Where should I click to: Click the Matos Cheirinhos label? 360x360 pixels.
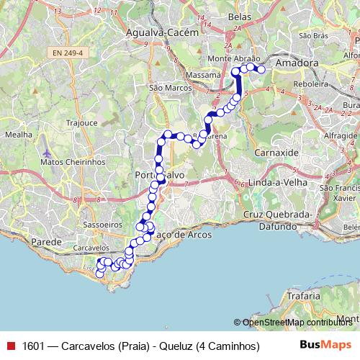(x=73, y=162)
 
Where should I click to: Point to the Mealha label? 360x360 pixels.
(x=19, y=134)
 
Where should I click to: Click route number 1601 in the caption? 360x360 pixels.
(x=32, y=346)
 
